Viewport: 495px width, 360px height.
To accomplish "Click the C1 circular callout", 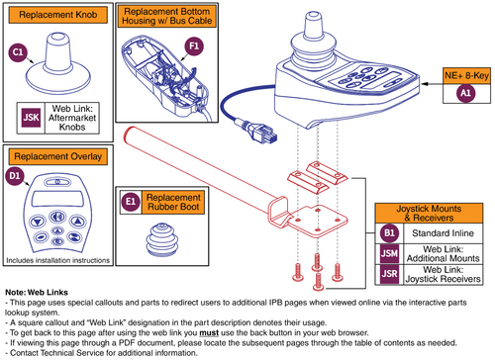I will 17,51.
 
